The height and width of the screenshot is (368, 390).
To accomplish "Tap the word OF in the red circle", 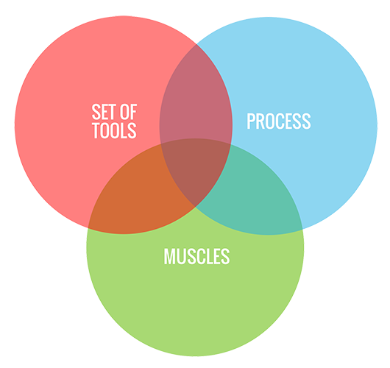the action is click(128, 112).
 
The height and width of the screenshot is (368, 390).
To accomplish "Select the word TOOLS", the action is click(114, 130).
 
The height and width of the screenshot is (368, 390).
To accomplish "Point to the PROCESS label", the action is click(279, 121).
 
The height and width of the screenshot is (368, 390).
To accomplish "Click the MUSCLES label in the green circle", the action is click(196, 256).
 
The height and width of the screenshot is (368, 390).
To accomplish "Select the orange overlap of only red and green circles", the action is click(135, 194).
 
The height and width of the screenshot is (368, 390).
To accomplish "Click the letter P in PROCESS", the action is click(251, 121).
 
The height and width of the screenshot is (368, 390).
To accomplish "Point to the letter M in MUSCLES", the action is click(169, 256).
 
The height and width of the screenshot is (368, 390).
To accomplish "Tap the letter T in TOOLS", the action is click(96, 130).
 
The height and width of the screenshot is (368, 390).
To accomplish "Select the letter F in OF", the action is click(133, 112).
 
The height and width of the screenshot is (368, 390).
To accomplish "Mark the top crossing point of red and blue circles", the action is click(196, 44).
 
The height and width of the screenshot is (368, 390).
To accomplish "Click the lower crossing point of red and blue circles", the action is click(196, 207).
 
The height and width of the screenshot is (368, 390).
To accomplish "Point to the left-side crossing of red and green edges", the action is click(88, 228).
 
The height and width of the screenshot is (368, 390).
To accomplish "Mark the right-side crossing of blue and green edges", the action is click(302, 229).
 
